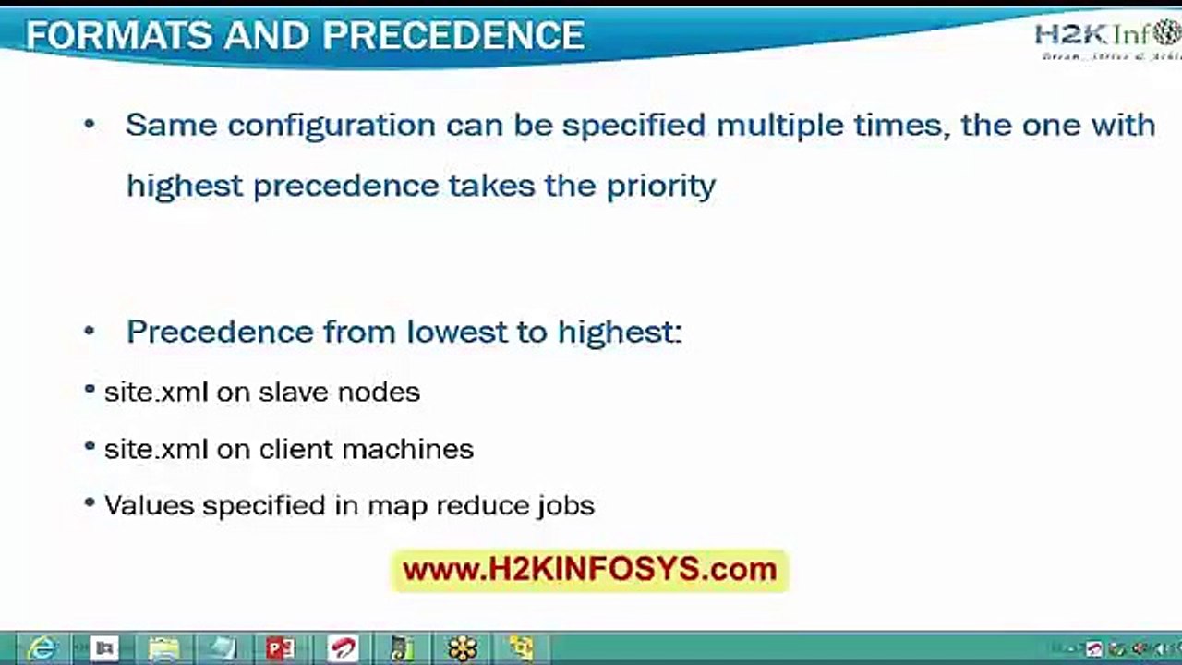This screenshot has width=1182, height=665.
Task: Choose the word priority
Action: [660, 186]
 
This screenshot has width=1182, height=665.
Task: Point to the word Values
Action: [150, 506]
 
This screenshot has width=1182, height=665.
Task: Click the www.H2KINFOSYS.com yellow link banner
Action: [590, 570]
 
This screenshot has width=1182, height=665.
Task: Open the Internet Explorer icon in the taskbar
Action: [42, 648]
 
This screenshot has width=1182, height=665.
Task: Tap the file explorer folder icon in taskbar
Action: [164, 648]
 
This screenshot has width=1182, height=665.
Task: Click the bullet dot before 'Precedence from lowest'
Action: [90, 331]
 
